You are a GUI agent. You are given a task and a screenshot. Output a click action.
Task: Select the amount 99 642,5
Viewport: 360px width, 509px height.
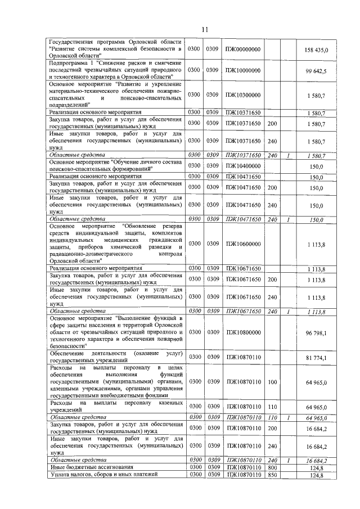(320, 71)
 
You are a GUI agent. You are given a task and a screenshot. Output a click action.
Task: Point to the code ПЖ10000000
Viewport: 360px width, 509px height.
(243, 71)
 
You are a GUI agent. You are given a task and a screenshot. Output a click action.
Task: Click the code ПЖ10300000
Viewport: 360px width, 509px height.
(243, 95)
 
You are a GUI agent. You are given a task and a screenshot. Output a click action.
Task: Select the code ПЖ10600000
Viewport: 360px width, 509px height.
(243, 244)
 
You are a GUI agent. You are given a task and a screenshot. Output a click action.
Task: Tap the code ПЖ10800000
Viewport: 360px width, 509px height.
(243, 333)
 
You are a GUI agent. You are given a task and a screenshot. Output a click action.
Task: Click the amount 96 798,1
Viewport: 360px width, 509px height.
(320, 333)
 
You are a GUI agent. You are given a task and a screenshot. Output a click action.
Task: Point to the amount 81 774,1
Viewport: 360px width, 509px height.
(320, 358)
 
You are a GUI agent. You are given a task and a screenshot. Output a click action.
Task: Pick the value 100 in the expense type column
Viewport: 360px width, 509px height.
(273, 382)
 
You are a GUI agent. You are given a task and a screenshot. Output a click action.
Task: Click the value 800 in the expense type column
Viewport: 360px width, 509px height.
(273, 467)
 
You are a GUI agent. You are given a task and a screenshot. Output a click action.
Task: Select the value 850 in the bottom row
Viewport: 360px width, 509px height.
(273, 475)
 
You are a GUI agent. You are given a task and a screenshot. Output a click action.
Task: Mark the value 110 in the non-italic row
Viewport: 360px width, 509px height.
(273, 406)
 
